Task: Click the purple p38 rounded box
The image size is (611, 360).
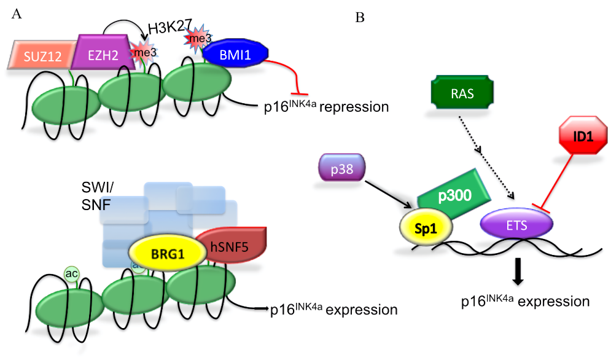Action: [x=342, y=168]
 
